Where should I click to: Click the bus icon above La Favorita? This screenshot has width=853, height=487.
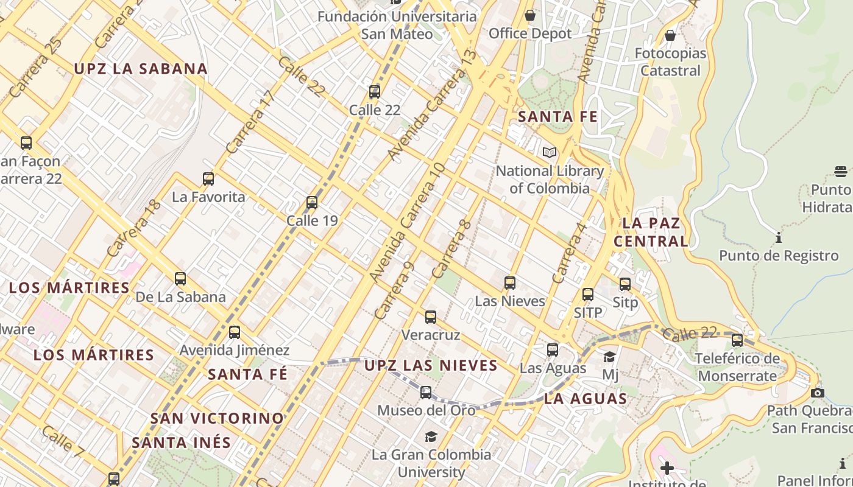[208, 179]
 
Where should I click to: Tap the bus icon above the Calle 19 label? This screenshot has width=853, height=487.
[312, 203]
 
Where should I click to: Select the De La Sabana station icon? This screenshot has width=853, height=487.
[180, 279]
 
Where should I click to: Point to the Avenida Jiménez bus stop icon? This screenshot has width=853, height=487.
[235, 332]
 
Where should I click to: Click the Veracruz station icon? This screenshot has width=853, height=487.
[431, 317]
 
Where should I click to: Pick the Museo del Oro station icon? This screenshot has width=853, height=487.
[426, 393]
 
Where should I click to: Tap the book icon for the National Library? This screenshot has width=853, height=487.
[550, 152]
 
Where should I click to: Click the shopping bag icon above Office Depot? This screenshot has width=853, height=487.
[530, 15]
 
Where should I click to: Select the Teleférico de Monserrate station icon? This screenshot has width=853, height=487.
[737, 340]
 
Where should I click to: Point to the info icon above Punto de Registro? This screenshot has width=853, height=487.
[779, 237]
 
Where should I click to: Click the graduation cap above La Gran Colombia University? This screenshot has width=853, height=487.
[431, 436]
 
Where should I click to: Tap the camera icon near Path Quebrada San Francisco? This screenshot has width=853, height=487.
[818, 393]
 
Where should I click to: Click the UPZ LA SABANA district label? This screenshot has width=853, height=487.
[141, 69]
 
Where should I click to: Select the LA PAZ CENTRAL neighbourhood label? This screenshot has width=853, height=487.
[651, 232]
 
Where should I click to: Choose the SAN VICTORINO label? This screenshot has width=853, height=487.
[217, 419]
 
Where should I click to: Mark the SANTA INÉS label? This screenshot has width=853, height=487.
[182, 443]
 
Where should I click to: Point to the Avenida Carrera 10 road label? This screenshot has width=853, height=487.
[407, 223]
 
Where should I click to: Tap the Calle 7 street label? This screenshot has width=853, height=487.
[63, 441]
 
